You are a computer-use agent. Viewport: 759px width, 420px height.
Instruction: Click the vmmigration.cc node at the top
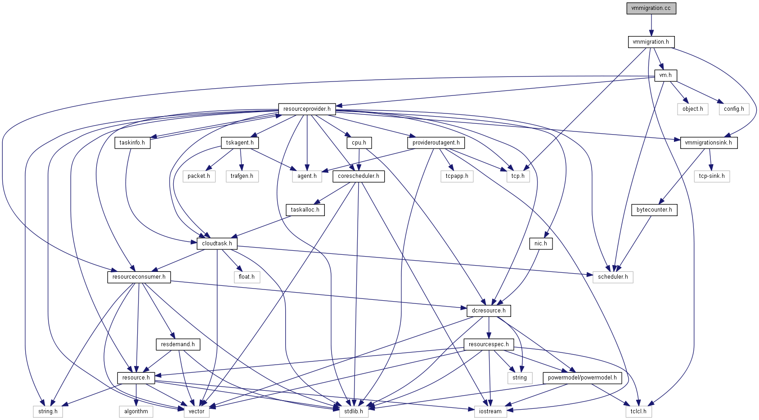(x=651, y=8)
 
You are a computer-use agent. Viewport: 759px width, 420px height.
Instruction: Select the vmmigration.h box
(x=651, y=42)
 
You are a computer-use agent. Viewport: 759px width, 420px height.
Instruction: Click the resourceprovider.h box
(x=307, y=109)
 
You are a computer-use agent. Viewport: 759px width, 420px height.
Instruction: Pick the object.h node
(x=692, y=109)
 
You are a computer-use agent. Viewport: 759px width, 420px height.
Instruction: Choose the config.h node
(x=734, y=109)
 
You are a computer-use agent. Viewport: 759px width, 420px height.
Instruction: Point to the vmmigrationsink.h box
(x=708, y=143)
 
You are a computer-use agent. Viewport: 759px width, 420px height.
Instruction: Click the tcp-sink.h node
(x=712, y=176)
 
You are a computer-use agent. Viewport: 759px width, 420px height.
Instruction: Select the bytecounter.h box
(x=654, y=210)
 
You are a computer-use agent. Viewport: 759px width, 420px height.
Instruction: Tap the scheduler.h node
(x=613, y=277)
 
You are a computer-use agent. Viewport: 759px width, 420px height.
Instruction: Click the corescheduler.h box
(x=359, y=176)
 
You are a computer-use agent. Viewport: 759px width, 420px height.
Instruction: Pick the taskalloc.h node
(x=305, y=210)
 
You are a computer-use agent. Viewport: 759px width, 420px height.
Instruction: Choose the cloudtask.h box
(x=217, y=244)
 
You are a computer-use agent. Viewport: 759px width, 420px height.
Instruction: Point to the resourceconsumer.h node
(x=139, y=277)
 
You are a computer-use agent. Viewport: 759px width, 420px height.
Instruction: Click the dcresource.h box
(x=489, y=311)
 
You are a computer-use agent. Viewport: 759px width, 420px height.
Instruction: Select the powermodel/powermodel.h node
(x=582, y=378)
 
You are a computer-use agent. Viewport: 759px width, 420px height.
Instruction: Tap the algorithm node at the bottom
(x=136, y=411)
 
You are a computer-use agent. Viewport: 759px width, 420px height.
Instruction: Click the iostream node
(x=490, y=411)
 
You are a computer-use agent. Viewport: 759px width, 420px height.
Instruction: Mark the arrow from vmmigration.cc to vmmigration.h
(x=651, y=25)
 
